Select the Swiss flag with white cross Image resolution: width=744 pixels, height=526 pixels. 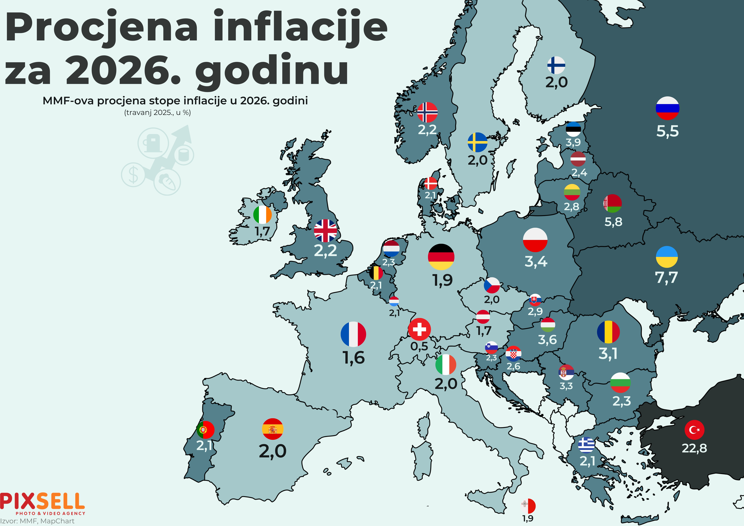[419, 329]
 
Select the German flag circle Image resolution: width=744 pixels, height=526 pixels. [441, 257]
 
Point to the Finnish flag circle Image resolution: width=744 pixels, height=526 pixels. [556, 65]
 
